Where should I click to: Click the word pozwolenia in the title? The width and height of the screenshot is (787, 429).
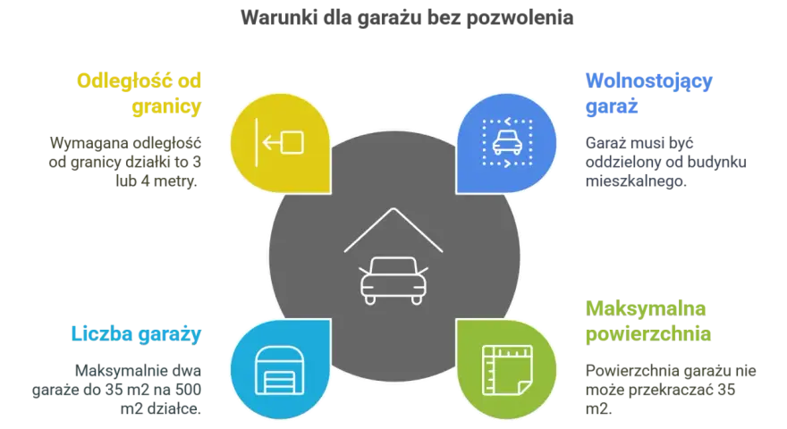pyautogui.click(x=520, y=18)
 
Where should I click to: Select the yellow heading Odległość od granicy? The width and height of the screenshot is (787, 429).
pyautogui.click(x=139, y=93)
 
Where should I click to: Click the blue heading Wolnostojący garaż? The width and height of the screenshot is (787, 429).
pyautogui.click(x=648, y=93)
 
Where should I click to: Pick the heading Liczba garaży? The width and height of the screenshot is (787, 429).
pyautogui.click(x=136, y=333)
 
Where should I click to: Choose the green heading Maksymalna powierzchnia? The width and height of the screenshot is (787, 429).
pyautogui.click(x=648, y=321)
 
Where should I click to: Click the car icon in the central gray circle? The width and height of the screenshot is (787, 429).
pyautogui.click(x=393, y=281)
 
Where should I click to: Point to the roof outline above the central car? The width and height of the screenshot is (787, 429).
pyautogui.click(x=393, y=230)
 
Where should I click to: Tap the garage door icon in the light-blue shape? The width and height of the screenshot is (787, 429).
pyautogui.click(x=280, y=370)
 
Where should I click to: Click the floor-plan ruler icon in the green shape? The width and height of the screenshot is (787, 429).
pyautogui.click(x=507, y=370)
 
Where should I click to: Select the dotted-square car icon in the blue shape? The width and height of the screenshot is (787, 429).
pyautogui.click(x=507, y=142)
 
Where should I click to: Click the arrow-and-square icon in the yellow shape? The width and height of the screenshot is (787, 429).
pyautogui.click(x=280, y=142)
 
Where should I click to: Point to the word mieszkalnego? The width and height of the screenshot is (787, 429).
pyautogui.click(x=636, y=181)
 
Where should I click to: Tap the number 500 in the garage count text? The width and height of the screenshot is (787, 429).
pyautogui.click(x=187, y=390)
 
